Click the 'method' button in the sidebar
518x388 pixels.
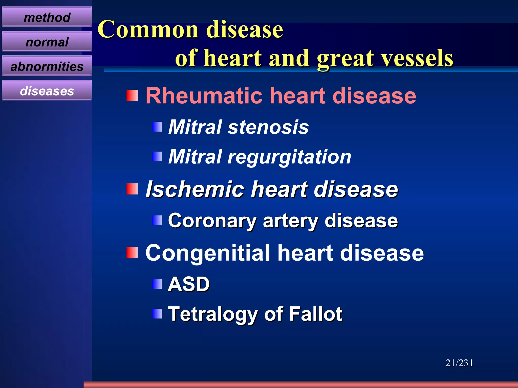click(47, 17)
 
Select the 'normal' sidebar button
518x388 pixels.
click(47, 42)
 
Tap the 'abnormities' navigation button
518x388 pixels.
click(47, 66)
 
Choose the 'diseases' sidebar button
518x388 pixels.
click(47, 91)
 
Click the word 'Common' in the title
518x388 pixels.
click(148, 30)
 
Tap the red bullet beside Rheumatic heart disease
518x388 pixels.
click(132, 95)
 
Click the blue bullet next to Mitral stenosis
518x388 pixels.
click(157, 127)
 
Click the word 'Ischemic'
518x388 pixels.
click(195, 189)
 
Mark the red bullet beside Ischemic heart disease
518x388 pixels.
click(132, 189)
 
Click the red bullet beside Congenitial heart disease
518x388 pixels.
click(132, 253)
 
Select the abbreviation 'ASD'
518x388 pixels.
click(189, 284)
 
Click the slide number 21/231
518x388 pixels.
click(459, 363)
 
